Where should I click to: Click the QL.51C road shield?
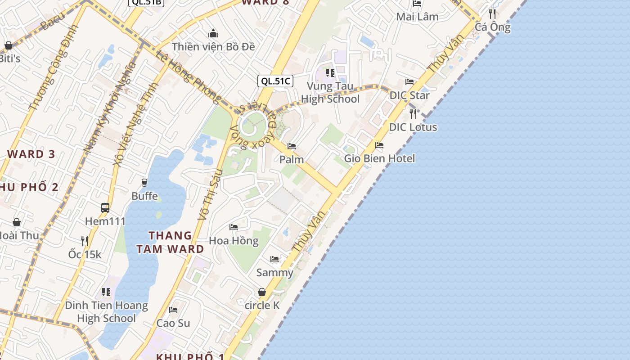coord(275,81)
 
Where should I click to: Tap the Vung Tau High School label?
coord(330,93)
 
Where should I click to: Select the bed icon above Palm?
coord(292,146)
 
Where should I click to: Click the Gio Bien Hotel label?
coord(379,158)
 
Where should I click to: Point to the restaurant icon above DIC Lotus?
coord(413,113)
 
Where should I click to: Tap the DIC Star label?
coord(409,95)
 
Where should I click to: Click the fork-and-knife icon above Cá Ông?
coord(493,14)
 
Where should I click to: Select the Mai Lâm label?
coord(417,17)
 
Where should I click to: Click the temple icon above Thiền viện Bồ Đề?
coord(213,33)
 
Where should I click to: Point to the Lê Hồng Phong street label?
coord(189,76)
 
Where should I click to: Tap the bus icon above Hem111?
coord(105,208)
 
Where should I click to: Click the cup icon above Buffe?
coord(144,182)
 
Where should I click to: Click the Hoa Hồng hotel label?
coord(234,241)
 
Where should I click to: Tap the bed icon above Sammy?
coord(274,259)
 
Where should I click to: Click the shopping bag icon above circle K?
coord(262,292)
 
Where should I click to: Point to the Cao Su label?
coord(173,323)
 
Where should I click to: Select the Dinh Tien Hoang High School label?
coord(106,312)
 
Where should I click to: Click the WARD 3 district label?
coord(31,154)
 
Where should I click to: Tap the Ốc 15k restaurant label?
coord(85,254)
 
